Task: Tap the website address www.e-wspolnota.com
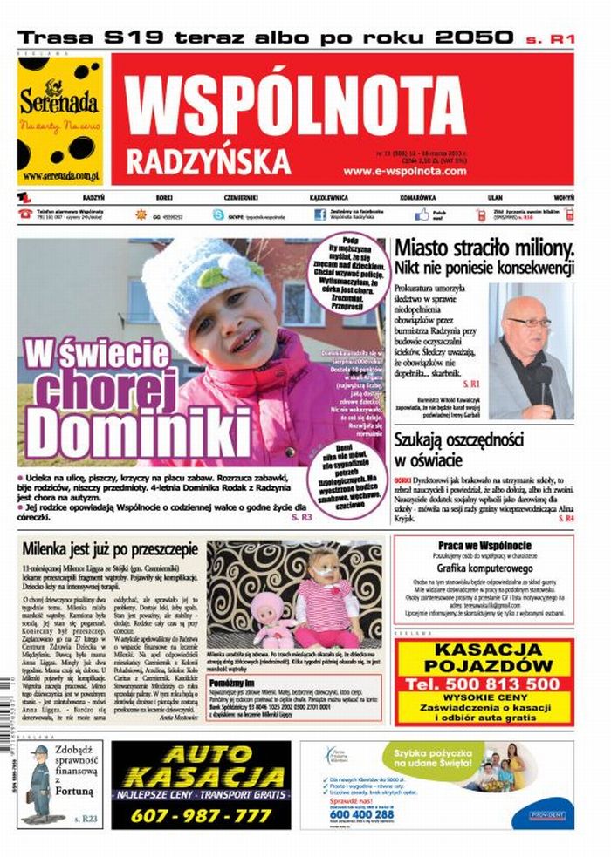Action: click(x=405, y=171)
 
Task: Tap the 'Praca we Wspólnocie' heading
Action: click(x=484, y=547)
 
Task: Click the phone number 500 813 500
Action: click(x=484, y=684)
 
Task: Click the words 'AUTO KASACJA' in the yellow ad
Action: click(x=201, y=767)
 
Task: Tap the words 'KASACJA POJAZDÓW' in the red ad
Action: click(x=484, y=657)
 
